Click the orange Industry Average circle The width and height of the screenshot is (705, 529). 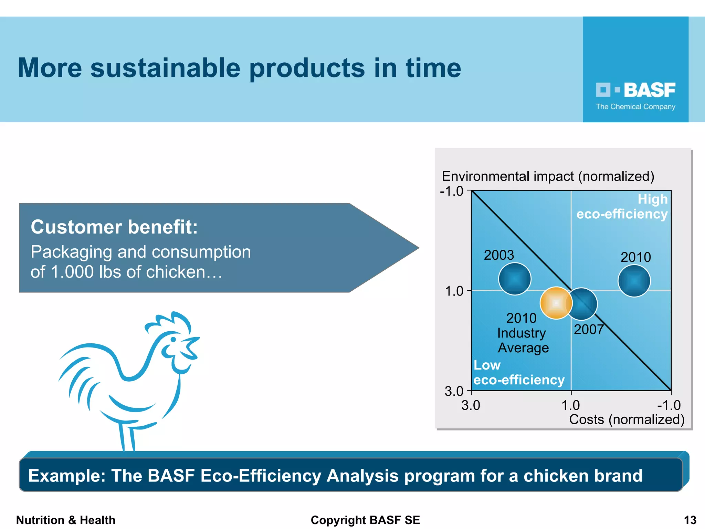coord(556,303)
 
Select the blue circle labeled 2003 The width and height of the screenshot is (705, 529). coord(515,279)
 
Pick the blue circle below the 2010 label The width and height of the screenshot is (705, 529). coord(634,281)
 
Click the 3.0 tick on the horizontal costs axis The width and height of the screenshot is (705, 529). coord(471,405)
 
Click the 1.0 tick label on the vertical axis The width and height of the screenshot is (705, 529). coord(454,291)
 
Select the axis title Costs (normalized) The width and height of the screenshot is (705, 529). coord(627,419)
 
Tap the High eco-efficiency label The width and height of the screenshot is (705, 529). coord(622,207)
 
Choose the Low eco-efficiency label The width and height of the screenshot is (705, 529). coord(518,373)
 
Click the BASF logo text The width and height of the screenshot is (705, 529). coord(649,90)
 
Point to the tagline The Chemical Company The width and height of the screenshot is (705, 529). coord(635,107)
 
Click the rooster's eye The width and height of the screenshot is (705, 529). coord(173,339)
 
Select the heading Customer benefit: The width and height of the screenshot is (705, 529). coord(114,227)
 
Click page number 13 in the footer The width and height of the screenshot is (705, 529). coord(690,520)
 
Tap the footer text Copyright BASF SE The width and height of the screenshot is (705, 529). coord(365,520)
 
